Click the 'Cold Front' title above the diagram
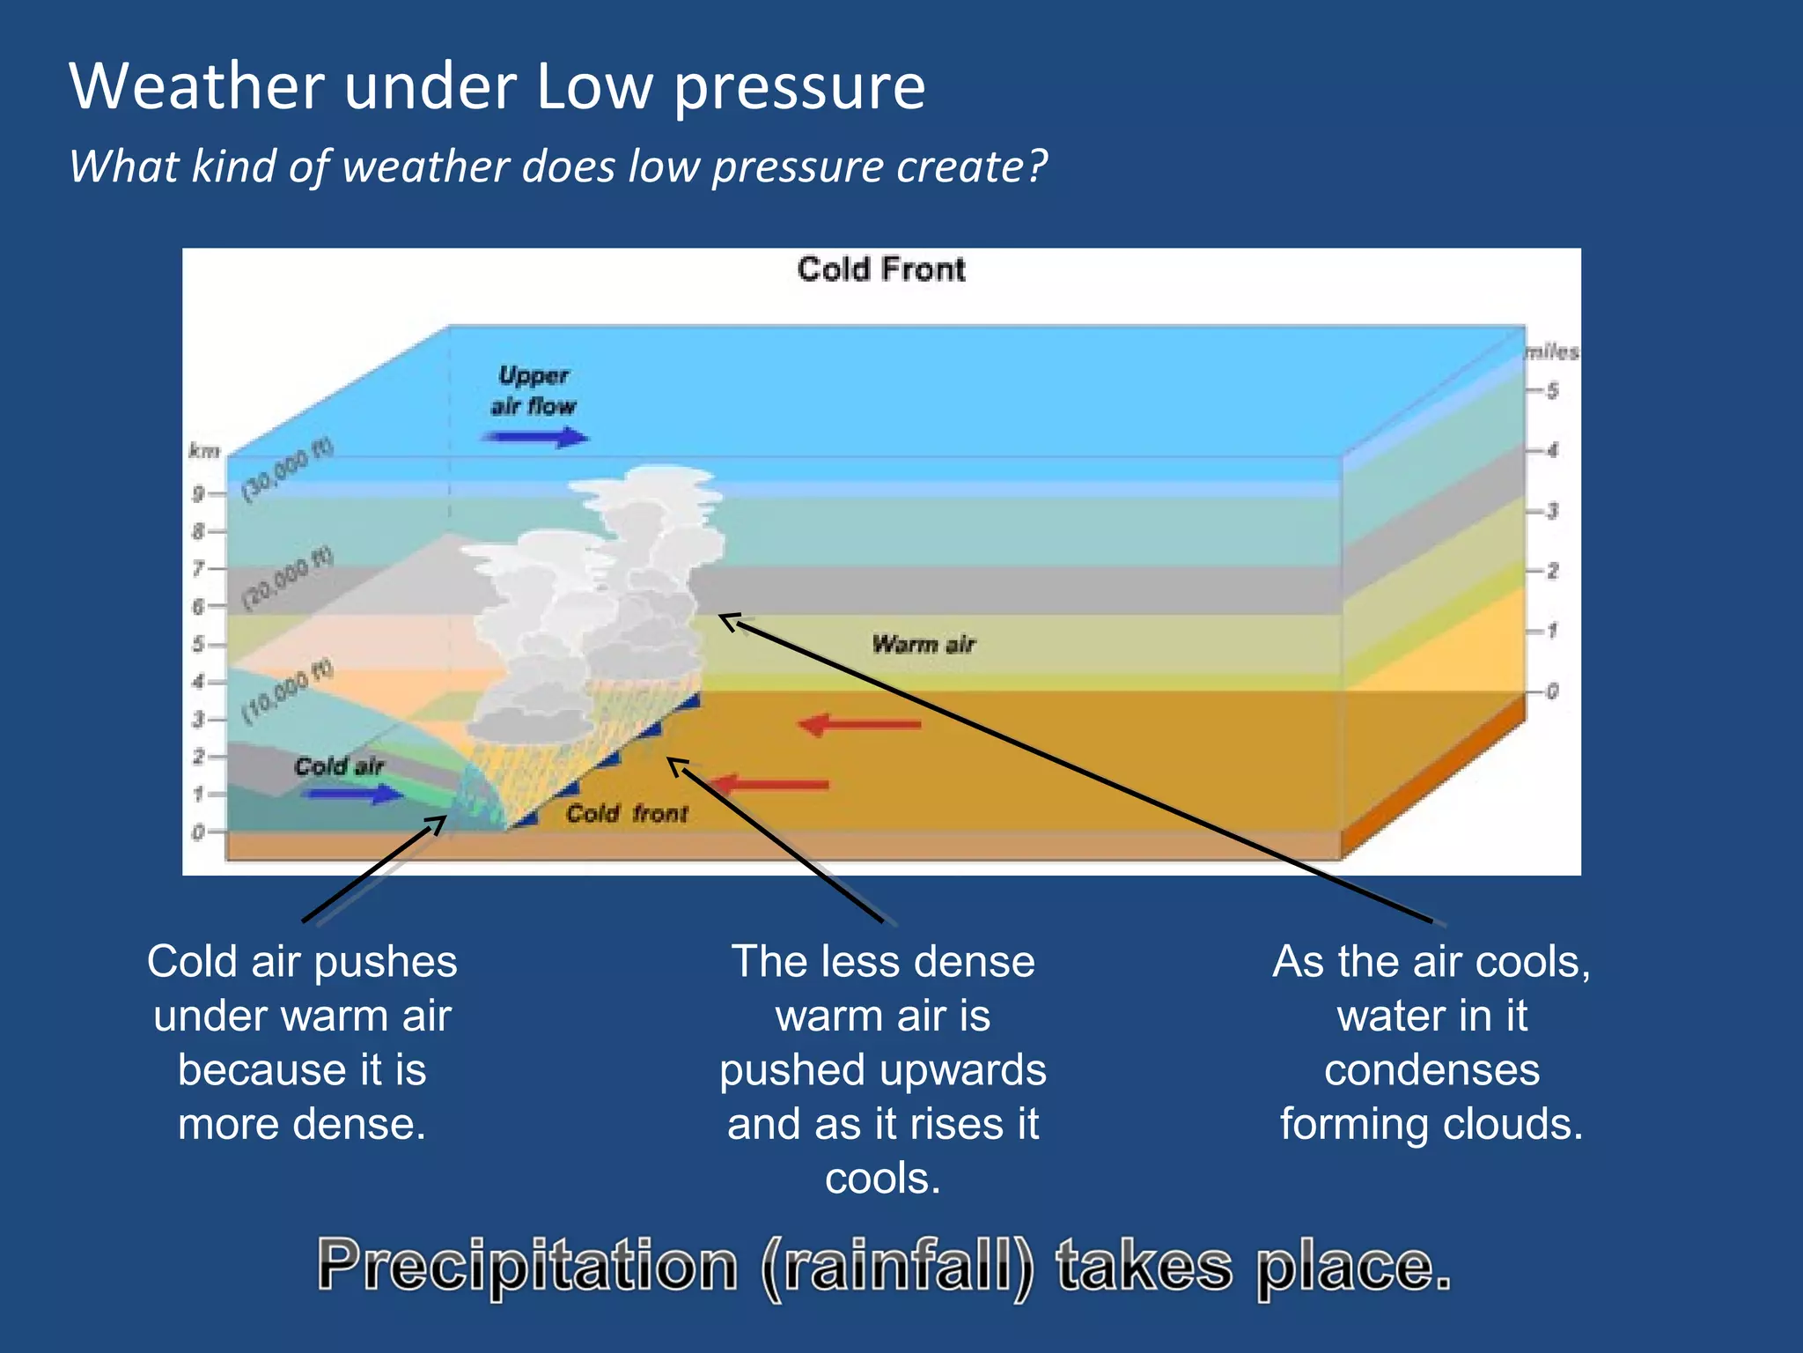pyautogui.click(x=880, y=269)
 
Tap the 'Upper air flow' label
pyautogui.click(x=533, y=390)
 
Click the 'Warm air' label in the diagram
pyautogui.click(x=924, y=644)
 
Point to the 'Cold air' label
pyautogui.click(x=338, y=766)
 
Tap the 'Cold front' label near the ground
pyautogui.click(x=626, y=813)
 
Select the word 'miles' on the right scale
pyautogui.click(x=1552, y=351)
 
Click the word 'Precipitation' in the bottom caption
pyautogui.click(x=527, y=1266)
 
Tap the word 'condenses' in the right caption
pyautogui.click(x=1431, y=1070)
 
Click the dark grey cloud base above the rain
pyautogui.click(x=528, y=727)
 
